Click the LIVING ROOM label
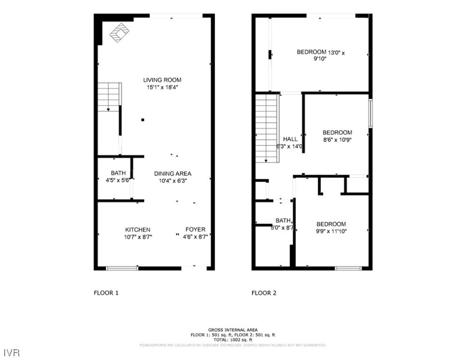pyautogui.click(x=162, y=80)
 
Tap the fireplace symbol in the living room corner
pyautogui.click(x=119, y=33)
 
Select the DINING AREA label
pyautogui.click(x=173, y=173)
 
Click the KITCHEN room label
pyautogui.click(x=138, y=230)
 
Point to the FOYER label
pyautogui.click(x=195, y=230)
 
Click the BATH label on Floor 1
pyautogui.click(x=118, y=173)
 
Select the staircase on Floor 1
pyautogui.click(x=110, y=97)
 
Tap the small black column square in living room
pyautogui.click(x=143, y=120)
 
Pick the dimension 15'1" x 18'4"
pyautogui.click(x=162, y=87)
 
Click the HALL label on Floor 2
pyautogui.click(x=290, y=139)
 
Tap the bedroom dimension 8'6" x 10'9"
pyautogui.click(x=337, y=140)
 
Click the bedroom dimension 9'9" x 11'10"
pyautogui.click(x=331, y=231)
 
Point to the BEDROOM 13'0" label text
pyautogui.click(x=320, y=52)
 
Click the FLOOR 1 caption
pyautogui.click(x=106, y=293)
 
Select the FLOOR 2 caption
pyautogui.click(x=264, y=293)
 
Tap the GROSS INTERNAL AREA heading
pyautogui.click(x=233, y=330)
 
